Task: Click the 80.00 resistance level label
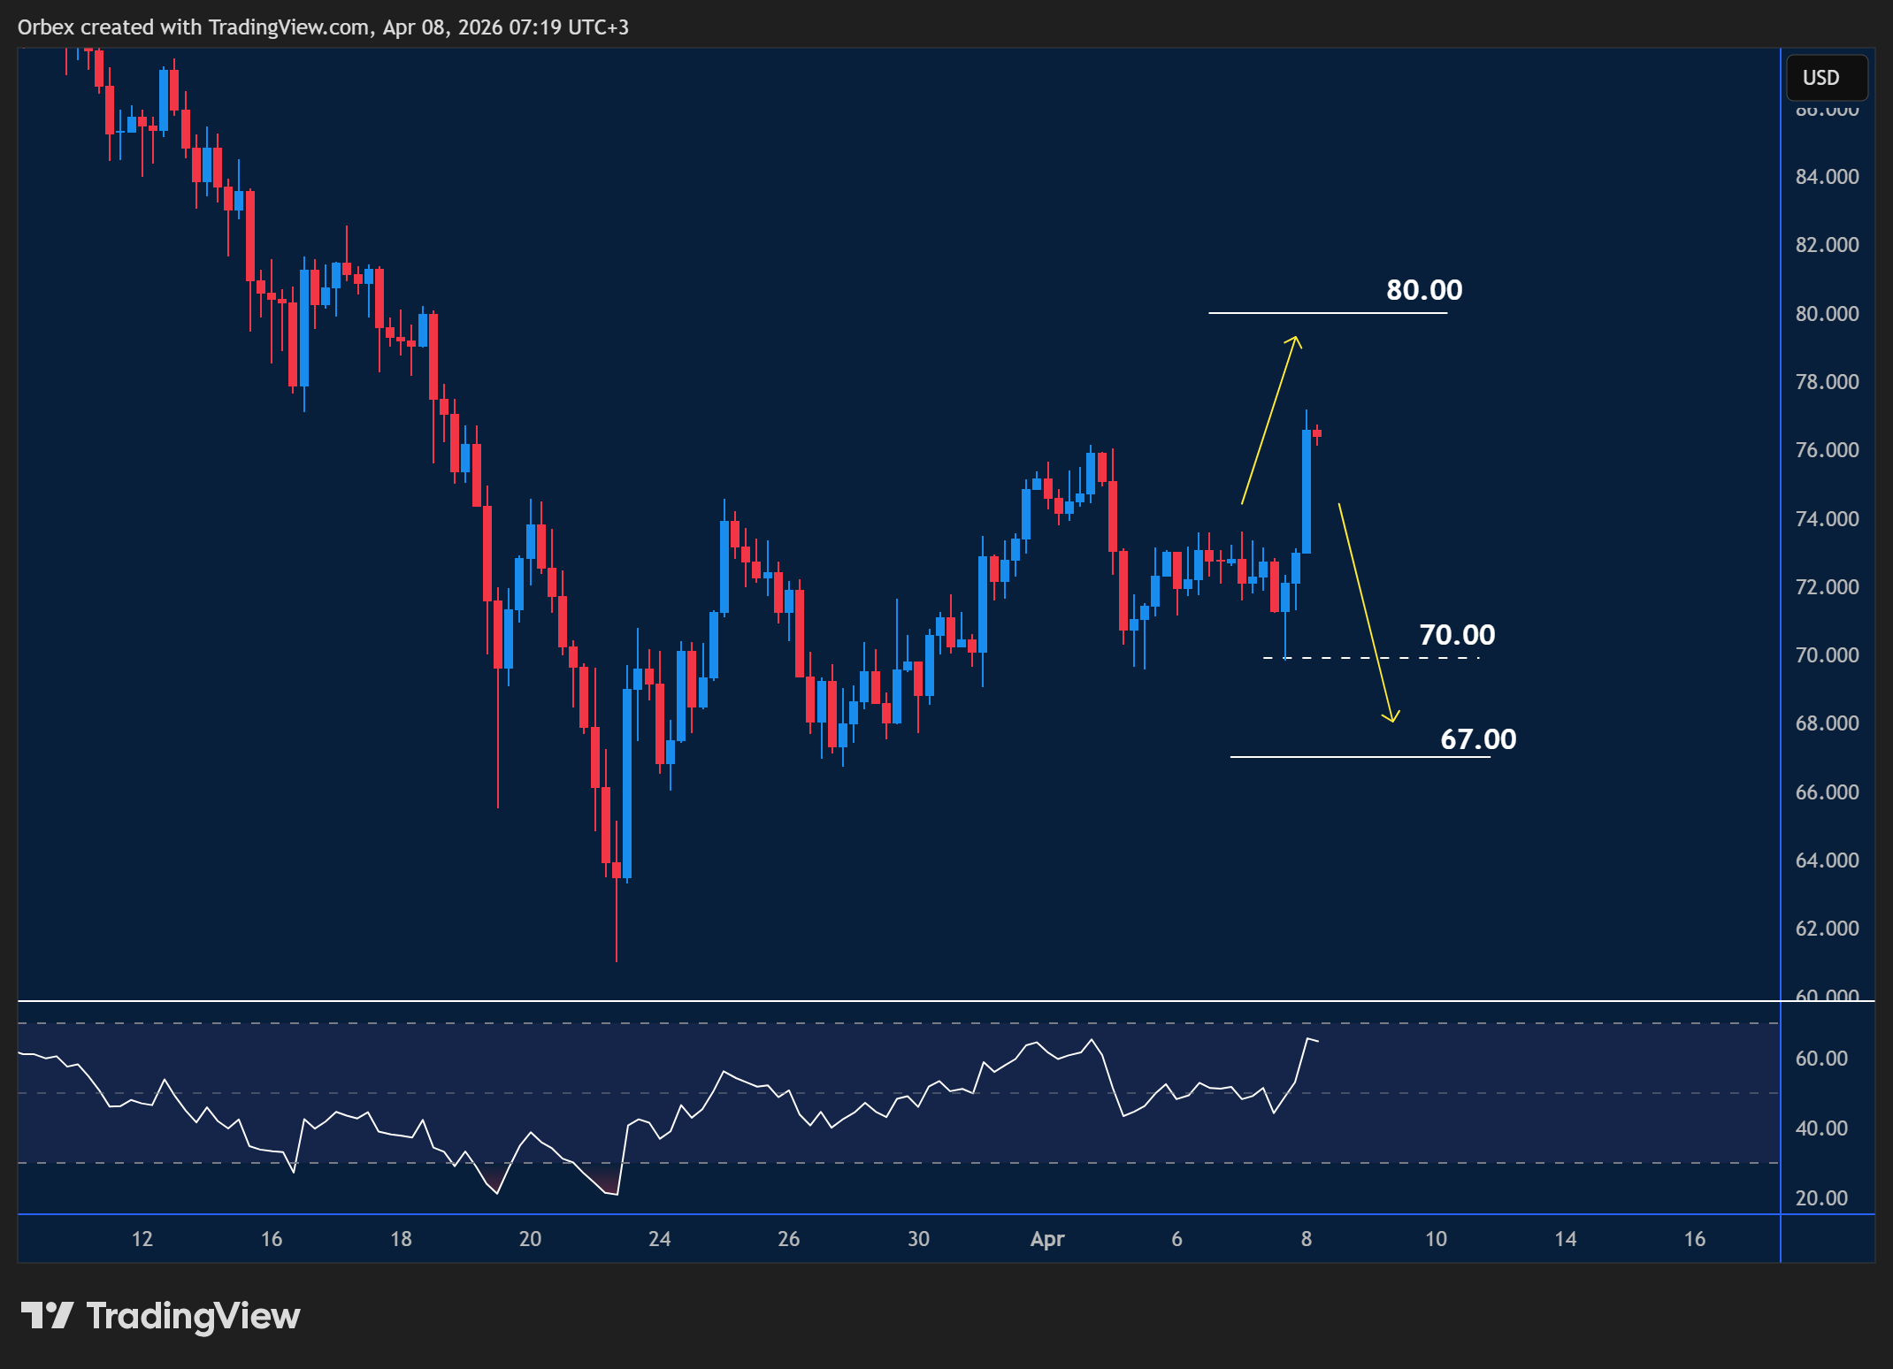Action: pyautogui.click(x=1423, y=290)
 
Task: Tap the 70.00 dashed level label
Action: pyautogui.click(x=1456, y=635)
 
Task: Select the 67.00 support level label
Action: pyautogui.click(x=1477, y=739)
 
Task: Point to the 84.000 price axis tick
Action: pyautogui.click(x=1827, y=177)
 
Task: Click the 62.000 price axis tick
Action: pyautogui.click(x=1827, y=929)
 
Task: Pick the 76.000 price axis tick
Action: pyautogui.click(x=1827, y=450)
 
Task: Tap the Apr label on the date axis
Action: pyautogui.click(x=1047, y=1239)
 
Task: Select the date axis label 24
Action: pyautogui.click(x=659, y=1239)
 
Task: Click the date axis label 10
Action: pyautogui.click(x=1436, y=1239)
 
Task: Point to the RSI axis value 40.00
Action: pyautogui.click(x=1821, y=1128)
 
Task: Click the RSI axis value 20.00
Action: pyautogui.click(x=1821, y=1198)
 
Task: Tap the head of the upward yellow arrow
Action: pyautogui.click(x=1295, y=340)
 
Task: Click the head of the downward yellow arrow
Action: pyautogui.click(x=1391, y=718)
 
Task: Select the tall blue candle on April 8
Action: pyautogui.click(x=1306, y=492)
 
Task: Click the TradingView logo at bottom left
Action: pyautogui.click(x=160, y=1316)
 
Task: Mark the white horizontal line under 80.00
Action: pyautogui.click(x=1327, y=313)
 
